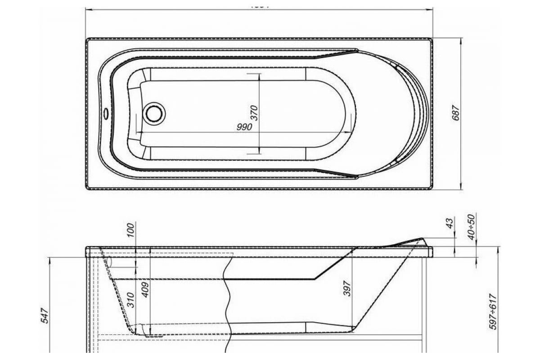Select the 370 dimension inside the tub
point(254,112)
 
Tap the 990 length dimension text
point(244,127)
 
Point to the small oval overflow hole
point(106,113)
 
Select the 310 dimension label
point(130,299)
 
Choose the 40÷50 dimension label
point(471,227)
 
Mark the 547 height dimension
point(45,316)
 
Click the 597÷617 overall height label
point(494,313)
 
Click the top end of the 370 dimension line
point(259,73)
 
